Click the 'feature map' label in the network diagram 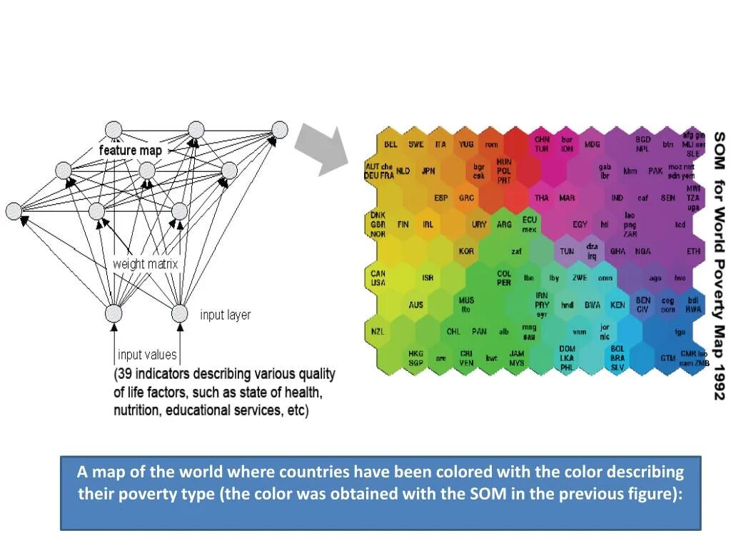pyautogui.click(x=130, y=151)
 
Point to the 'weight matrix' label pyautogui.click(x=145, y=264)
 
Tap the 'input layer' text pyautogui.click(x=225, y=315)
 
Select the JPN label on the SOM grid pyautogui.click(x=428, y=171)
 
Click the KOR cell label pyautogui.click(x=466, y=251)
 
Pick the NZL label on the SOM pyautogui.click(x=378, y=331)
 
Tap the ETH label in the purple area pyautogui.click(x=693, y=251)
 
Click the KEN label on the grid pyautogui.click(x=617, y=305)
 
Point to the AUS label pyautogui.click(x=415, y=305)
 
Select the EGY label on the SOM pyautogui.click(x=580, y=224)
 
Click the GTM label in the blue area pyautogui.click(x=667, y=358)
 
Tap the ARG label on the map pyautogui.click(x=504, y=224)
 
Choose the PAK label pyautogui.click(x=655, y=171)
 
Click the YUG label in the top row pyautogui.click(x=466, y=144)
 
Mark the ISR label pyautogui.click(x=428, y=278)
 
